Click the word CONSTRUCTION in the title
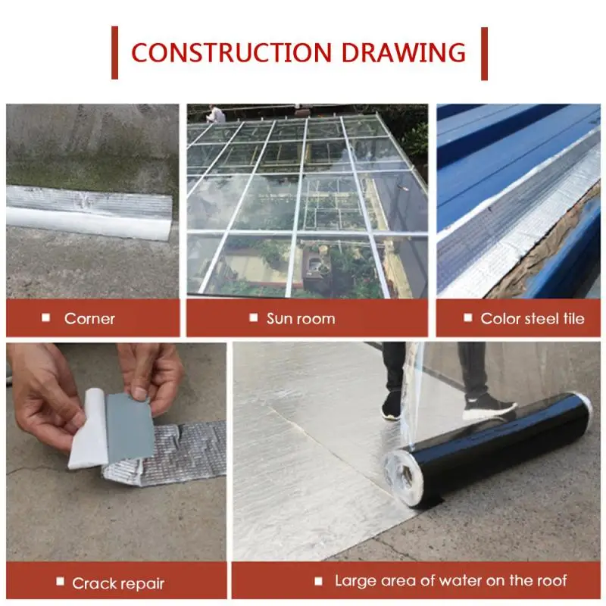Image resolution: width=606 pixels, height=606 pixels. pyautogui.click(x=232, y=52)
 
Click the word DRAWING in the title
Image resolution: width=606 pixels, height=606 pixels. pyautogui.click(x=404, y=52)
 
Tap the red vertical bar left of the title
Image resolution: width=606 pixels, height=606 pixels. pyautogui.click(x=114, y=52)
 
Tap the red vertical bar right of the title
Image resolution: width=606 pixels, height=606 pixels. pyautogui.click(x=484, y=54)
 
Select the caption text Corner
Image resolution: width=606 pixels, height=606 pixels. pyautogui.click(x=89, y=319)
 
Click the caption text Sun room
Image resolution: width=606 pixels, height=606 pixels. pyautogui.click(x=301, y=319)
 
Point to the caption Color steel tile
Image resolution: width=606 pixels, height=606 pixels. pyautogui.click(x=533, y=319)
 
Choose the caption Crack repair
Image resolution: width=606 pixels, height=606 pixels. pyautogui.click(x=118, y=583)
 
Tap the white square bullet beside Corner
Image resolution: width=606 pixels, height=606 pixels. pyautogui.click(x=46, y=317)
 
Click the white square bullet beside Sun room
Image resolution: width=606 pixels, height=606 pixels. pyautogui.click(x=254, y=317)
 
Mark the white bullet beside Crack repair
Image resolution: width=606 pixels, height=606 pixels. pyautogui.click(x=60, y=581)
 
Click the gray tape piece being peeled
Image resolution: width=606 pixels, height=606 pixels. pyautogui.click(x=130, y=430)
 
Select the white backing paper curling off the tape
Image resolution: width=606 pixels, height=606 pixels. pyautogui.click(x=88, y=429)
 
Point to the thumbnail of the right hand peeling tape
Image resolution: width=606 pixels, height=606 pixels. pyautogui.click(x=140, y=393)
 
